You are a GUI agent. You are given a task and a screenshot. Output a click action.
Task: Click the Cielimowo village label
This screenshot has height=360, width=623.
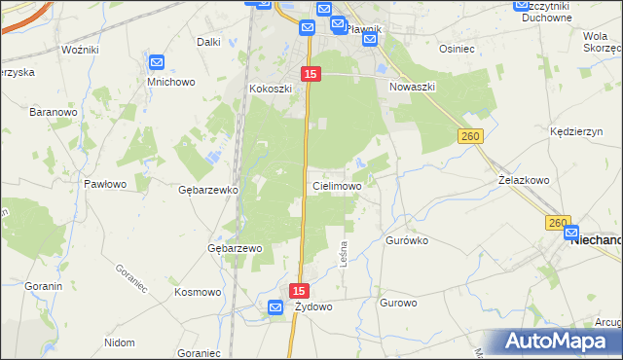point(337,185)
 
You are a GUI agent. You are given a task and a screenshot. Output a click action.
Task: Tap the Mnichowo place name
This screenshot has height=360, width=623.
point(165,82)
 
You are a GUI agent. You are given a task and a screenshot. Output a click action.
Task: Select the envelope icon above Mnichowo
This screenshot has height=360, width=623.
point(158,63)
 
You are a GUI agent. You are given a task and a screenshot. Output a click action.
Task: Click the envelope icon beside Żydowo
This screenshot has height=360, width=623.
point(275,307)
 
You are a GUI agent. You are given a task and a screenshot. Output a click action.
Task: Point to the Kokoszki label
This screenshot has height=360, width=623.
point(271,89)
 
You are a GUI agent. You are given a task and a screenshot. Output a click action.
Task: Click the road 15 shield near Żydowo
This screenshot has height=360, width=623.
point(299,290)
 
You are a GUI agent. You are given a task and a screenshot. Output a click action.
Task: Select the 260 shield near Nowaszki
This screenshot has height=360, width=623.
point(471,138)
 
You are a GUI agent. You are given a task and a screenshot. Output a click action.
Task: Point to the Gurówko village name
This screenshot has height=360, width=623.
point(407,238)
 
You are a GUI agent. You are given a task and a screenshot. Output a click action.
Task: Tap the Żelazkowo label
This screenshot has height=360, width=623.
point(524,180)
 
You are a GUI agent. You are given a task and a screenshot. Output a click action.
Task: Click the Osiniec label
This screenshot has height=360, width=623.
point(457,48)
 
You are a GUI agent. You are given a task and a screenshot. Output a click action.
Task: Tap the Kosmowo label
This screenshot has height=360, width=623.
point(198,291)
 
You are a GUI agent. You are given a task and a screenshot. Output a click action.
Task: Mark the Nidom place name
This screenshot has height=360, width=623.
point(119,342)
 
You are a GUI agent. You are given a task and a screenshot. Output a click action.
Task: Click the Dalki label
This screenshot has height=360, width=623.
point(208,42)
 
